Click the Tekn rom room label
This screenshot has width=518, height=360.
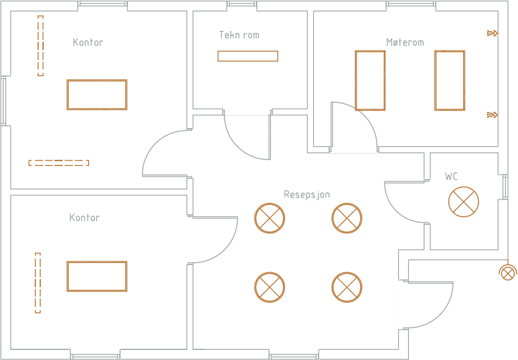click(239, 35)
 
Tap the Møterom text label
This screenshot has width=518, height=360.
click(405, 42)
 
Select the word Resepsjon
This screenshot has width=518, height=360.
click(306, 194)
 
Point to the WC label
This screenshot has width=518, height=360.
click(451, 177)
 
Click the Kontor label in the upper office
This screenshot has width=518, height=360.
click(88, 42)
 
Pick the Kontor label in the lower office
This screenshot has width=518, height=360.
click(84, 218)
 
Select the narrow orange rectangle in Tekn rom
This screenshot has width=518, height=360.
click(248, 57)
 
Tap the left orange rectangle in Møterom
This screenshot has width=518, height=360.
click(370, 80)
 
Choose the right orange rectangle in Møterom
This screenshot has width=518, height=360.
click(449, 80)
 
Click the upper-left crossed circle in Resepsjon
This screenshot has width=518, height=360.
click(269, 218)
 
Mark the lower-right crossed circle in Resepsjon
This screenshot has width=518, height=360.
click(347, 287)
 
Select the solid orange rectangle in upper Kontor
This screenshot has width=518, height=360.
click(97, 94)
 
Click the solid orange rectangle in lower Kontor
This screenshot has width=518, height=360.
click(97, 276)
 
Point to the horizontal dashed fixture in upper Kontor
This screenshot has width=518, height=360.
click(59, 163)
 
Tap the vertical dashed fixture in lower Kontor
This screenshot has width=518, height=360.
click(38, 283)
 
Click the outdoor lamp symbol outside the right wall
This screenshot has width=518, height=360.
click(506, 273)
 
